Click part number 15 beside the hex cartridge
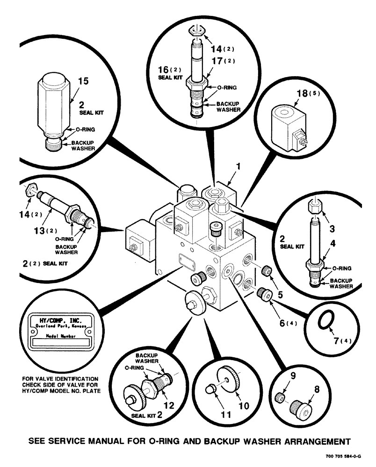(x=83, y=82)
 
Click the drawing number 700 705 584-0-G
(x=343, y=457)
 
